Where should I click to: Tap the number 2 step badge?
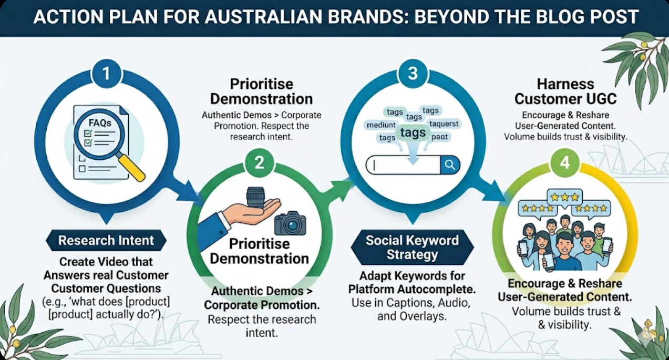(x=259, y=163)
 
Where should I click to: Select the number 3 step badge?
(x=413, y=73)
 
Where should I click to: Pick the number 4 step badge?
(x=564, y=163)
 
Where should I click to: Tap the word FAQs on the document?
(x=99, y=123)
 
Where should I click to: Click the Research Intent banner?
(x=106, y=241)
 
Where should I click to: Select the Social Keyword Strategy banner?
(x=412, y=248)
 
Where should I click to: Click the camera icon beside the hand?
(x=290, y=223)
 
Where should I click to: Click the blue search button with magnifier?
(x=450, y=165)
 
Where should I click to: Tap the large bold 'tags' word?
(x=413, y=132)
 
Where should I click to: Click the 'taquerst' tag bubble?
(x=444, y=124)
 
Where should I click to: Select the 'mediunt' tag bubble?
(x=381, y=125)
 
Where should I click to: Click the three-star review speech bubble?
(x=564, y=198)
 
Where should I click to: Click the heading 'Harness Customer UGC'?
(x=565, y=91)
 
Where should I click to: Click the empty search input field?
(x=405, y=165)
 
